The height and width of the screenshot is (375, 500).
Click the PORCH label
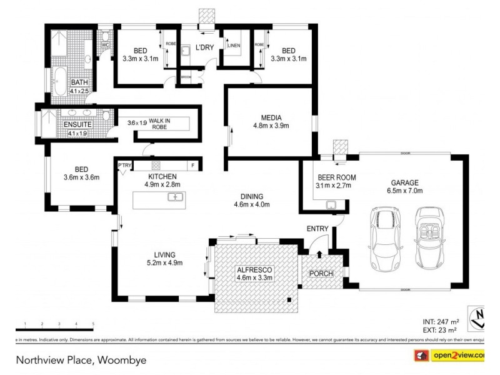pyautogui.click(x=321, y=274)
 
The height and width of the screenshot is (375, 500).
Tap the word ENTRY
pyautogui.click(x=317, y=229)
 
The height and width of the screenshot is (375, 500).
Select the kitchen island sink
pyautogui.click(x=175, y=197)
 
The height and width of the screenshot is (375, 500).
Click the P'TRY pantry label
pyautogui.click(x=125, y=166)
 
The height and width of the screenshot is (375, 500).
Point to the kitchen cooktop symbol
pyautogui.click(x=156, y=166)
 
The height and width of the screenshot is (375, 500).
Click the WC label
pyautogui.click(x=106, y=45)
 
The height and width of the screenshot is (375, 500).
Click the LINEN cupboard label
pyautogui.click(x=233, y=46)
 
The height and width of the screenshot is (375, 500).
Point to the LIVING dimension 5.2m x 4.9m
pyautogui.click(x=160, y=262)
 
